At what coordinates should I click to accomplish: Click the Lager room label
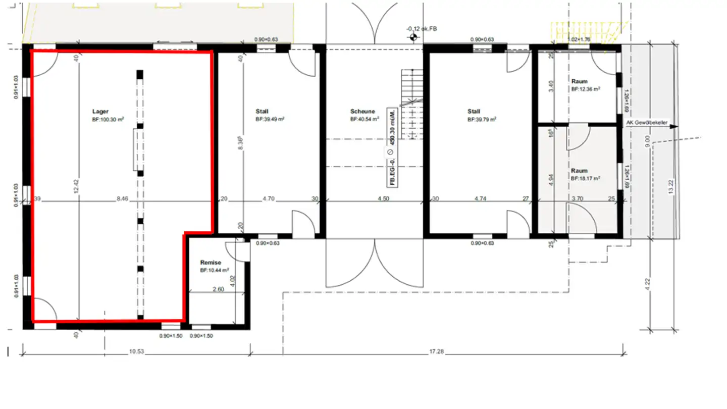click(100, 112)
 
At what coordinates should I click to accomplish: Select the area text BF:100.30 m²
click(108, 120)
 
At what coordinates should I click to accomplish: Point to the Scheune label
click(362, 112)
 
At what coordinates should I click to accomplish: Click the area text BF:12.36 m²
click(586, 89)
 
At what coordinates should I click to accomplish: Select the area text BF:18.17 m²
click(586, 178)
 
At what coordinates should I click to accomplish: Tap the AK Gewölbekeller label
click(647, 122)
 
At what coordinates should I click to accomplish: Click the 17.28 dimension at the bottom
click(437, 351)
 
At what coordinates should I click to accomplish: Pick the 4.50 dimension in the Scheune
click(384, 199)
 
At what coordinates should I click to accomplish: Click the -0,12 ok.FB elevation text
click(422, 29)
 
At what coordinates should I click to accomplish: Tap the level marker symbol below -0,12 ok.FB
click(413, 37)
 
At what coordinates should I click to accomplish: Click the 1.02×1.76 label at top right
click(579, 39)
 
